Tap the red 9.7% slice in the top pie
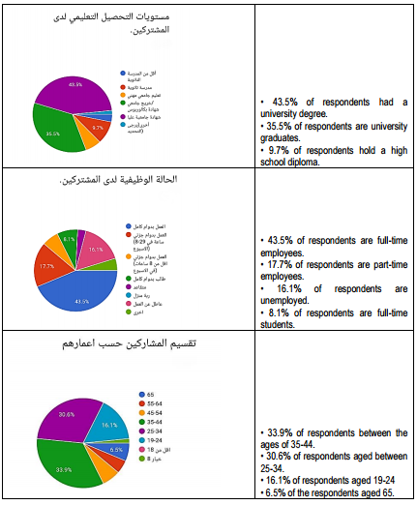[97, 127]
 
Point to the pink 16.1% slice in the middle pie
[94, 251]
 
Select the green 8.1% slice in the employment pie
[68, 240]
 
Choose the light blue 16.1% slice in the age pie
[104, 425]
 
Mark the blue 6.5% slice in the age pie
[114, 450]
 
